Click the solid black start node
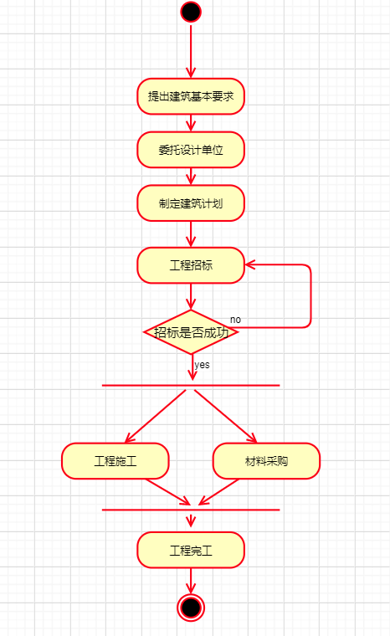[x=191, y=12]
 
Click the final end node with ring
[x=191, y=608]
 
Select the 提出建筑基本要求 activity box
[x=191, y=96]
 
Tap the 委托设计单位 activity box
[x=191, y=150]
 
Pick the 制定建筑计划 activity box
[x=191, y=203]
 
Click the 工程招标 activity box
[x=191, y=265]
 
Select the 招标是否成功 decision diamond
[x=191, y=332]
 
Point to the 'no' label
[x=235, y=320]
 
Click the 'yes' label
[x=202, y=365]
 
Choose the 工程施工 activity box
[x=115, y=461]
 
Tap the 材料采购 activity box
[x=266, y=461]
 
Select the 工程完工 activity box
[x=191, y=550]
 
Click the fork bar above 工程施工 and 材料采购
[x=191, y=385]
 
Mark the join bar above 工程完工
[x=191, y=510]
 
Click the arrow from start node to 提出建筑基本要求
[x=191, y=50]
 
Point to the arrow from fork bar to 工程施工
[x=156, y=416]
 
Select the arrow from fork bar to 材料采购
[x=226, y=416]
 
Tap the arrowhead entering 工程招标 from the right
[x=250, y=265]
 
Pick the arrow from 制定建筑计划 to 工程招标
[x=191, y=234]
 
